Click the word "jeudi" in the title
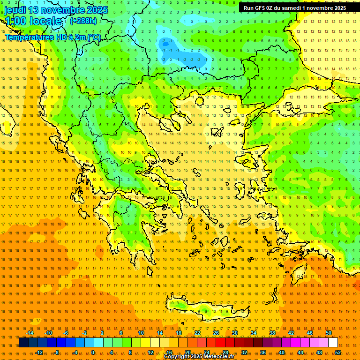[x=15, y=10]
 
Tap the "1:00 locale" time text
[x=33, y=21]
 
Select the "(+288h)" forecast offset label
[x=83, y=21]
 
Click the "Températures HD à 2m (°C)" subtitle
[x=53, y=37]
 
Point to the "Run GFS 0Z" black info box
[x=295, y=8]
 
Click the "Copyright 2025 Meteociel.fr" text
[x=199, y=357]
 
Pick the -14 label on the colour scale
[x=30, y=333]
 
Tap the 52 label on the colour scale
[x=338, y=352]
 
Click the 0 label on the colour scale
[x=93, y=352]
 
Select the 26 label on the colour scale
[x=216, y=333]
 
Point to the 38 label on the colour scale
[x=272, y=333]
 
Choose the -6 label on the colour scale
[x=66, y=333]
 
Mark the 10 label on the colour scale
[x=141, y=333]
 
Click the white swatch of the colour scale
[x=333, y=343]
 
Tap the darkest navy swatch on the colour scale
[x=24, y=343]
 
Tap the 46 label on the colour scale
[x=310, y=333]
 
